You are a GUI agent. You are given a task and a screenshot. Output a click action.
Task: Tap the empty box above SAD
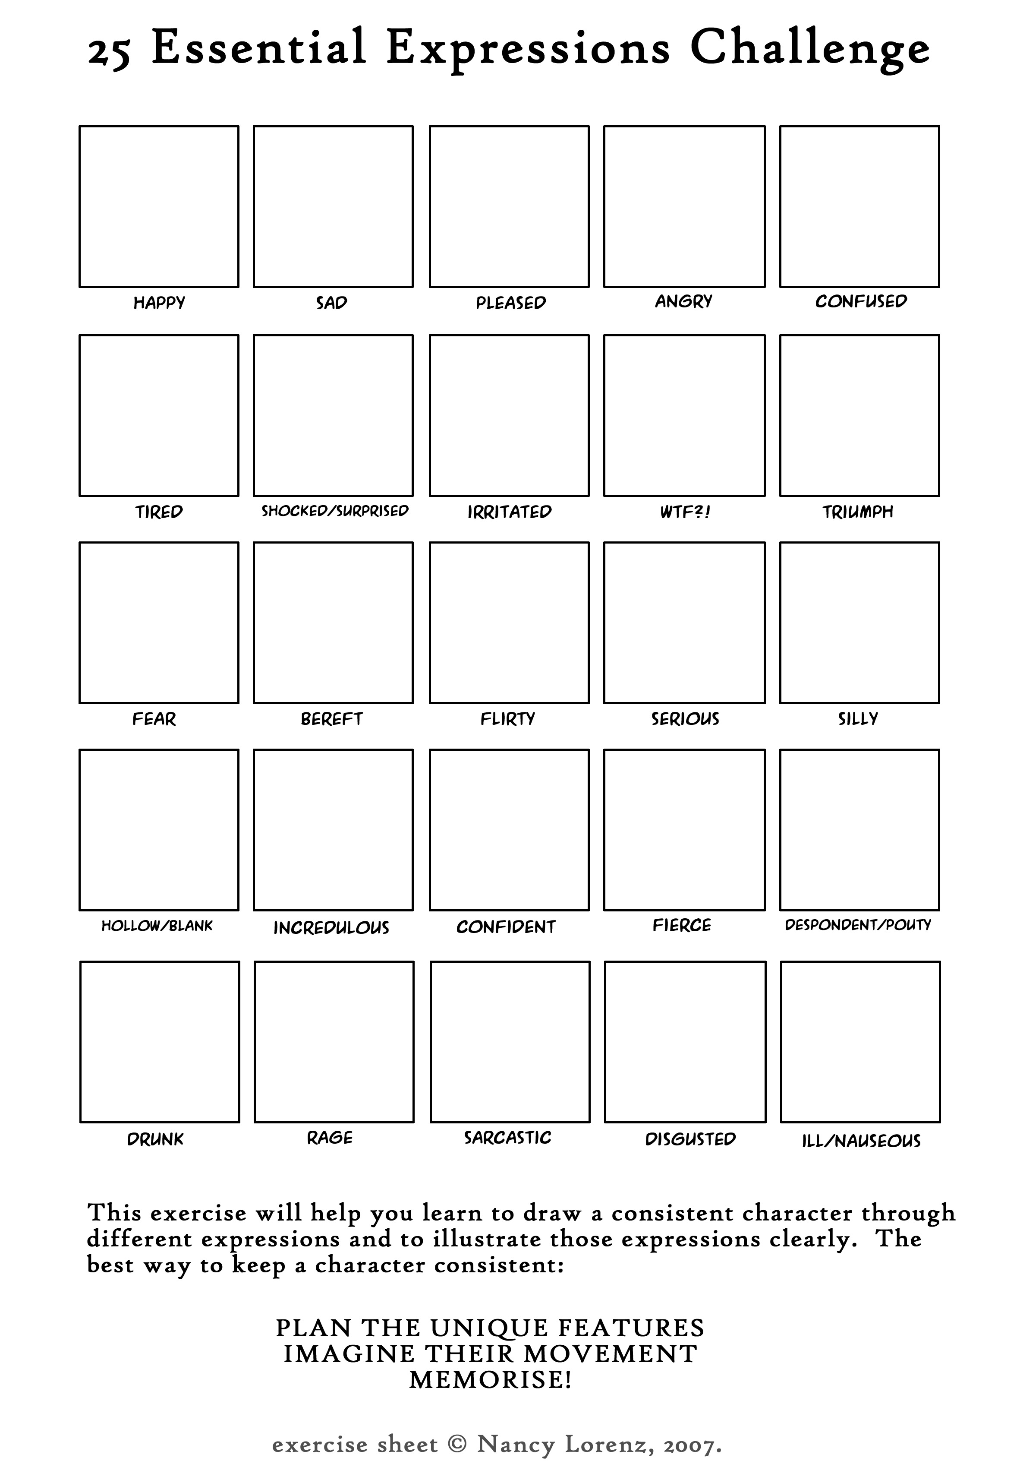coord(333,206)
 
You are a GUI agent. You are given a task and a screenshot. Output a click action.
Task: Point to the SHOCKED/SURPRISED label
coord(334,511)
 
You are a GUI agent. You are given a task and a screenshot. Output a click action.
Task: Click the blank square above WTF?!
coord(684,416)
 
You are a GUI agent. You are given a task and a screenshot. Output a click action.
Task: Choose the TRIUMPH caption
coord(858,512)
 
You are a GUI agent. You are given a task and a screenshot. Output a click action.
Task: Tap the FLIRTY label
coord(508,718)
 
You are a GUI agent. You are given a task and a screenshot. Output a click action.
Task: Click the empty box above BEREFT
coord(333,623)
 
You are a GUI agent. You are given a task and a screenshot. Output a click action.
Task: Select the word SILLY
coord(858,718)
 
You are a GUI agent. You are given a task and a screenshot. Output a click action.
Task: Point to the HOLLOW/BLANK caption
coord(157,926)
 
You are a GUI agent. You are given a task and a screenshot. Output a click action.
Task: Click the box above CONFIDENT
coord(509,830)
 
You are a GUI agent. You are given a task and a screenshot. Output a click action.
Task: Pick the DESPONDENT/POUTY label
coord(858,925)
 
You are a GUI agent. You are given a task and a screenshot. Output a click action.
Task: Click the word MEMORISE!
coord(490,1380)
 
